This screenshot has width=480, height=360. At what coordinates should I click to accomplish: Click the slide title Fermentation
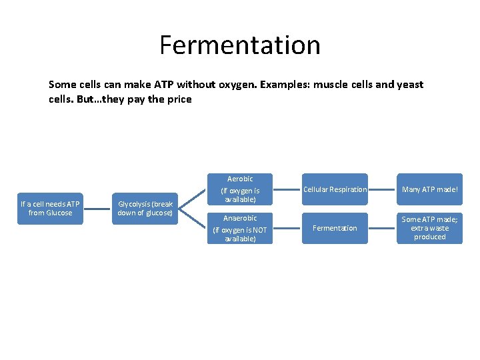[x=240, y=45]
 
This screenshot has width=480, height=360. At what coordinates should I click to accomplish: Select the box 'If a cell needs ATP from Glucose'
[x=50, y=208]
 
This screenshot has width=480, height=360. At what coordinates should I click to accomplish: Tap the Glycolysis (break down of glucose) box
[x=145, y=208]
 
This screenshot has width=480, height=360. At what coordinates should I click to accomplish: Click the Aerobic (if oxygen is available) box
[x=240, y=189]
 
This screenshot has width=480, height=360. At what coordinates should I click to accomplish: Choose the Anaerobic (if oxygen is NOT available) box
[x=240, y=228]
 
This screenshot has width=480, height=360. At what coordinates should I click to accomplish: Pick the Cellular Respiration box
[x=335, y=189]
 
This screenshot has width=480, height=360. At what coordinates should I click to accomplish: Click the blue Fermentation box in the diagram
[x=335, y=228]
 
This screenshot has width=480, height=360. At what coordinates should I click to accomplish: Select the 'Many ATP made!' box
[x=429, y=189]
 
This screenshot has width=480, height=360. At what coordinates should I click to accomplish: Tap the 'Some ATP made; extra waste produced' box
[x=429, y=228]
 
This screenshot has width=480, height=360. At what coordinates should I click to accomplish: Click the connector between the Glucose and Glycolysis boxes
[x=97, y=208]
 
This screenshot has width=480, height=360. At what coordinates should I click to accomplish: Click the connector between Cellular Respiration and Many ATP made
[x=382, y=189]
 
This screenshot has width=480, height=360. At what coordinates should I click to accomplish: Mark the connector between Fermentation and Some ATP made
[x=382, y=228]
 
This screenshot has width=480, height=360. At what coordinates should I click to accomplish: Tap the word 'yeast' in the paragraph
[x=410, y=85]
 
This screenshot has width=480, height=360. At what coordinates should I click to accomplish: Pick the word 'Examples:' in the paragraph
[x=283, y=85]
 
